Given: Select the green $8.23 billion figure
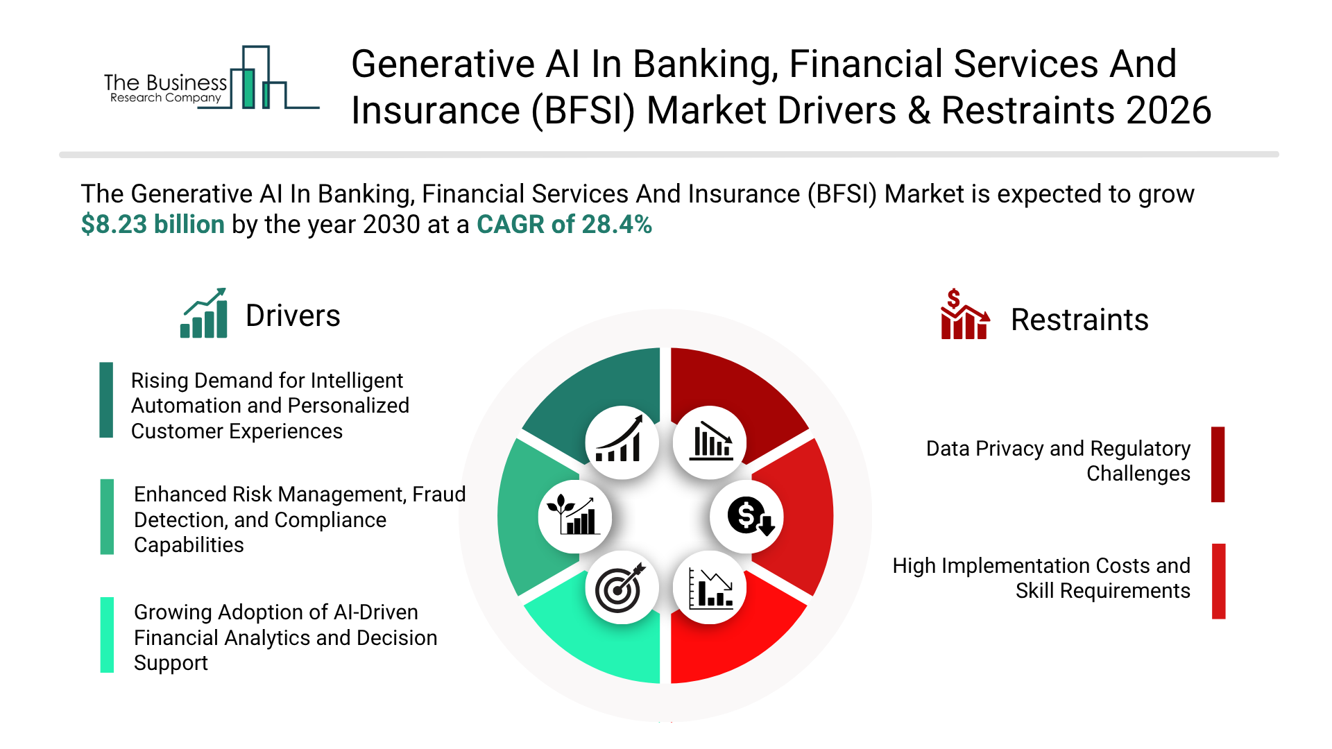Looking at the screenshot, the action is (153, 225).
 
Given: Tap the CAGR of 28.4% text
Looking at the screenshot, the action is (564, 225).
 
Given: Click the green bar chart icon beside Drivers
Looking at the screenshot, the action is (204, 313).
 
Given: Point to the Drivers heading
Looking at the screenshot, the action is (293, 316).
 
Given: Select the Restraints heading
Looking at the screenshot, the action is (1079, 320).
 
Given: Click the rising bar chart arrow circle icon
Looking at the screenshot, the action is (622, 442).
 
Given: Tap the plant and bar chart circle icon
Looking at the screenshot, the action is (574, 517).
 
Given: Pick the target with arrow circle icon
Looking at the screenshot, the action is (622, 587).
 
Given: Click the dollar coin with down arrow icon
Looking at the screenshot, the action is (746, 517).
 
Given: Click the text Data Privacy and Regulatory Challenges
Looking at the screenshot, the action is (1058, 461).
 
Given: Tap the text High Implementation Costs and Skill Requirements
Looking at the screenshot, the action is (1041, 578).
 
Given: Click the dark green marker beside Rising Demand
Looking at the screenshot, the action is (106, 400).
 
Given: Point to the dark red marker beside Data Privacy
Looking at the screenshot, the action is (1218, 465).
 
